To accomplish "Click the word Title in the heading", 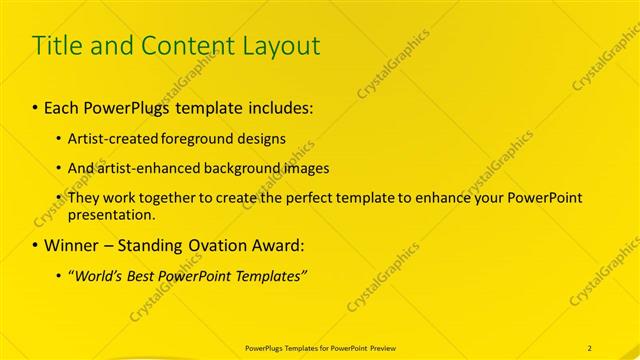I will pos(57,46).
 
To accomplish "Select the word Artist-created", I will pos(107,138).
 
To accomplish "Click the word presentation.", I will pos(112,214).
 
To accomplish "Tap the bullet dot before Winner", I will pos(36,245).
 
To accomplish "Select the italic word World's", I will pos(97,276).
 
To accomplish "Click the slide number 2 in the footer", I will pos(590,347).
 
